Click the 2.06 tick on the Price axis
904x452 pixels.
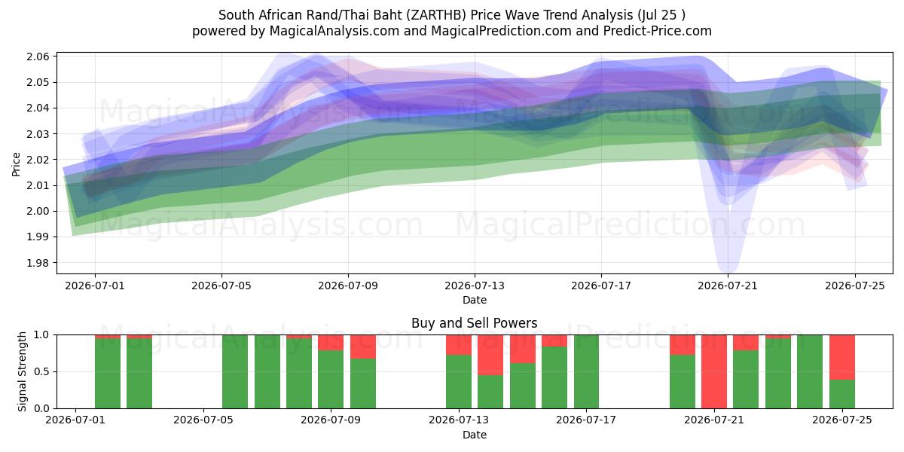pyautogui.click(x=38, y=57)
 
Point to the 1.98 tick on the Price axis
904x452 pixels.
pyautogui.click(x=38, y=263)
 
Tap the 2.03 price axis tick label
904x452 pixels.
pyautogui.click(x=38, y=134)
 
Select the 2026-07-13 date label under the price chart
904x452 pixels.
pyautogui.click(x=475, y=286)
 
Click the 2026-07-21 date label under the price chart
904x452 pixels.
pyautogui.click(x=728, y=286)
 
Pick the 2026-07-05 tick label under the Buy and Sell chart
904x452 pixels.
pyautogui.click(x=203, y=420)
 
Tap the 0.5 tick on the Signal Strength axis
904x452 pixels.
pyautogui.click(x=42, y=371)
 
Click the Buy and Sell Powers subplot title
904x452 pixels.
pyautogui.click(x=474, y=323)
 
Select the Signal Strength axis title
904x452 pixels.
pyautogui.click(x=22, y=371)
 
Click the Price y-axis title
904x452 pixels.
pyautogui.click(x=16, y=164)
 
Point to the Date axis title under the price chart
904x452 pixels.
pyautogui.click(x=475, y=301)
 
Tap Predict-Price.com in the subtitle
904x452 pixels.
pyautogui.click(x=658, y=31)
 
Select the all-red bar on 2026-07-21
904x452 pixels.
pyautogui.click(x=714, y=371)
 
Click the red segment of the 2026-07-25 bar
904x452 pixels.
pyautogui.click(x=842, y=358)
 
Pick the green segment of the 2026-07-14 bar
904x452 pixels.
pyautogui.click(x=490, y=392)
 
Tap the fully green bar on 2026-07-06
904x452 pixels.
pyautogui.click(x=235, y=371)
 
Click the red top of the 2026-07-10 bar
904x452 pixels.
pyautogui.click(x=363, y=347)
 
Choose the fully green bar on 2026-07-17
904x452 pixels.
pyautogui.click(x=586, y=371)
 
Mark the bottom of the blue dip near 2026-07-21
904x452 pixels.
pyautogui.click(x=728, y=272)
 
